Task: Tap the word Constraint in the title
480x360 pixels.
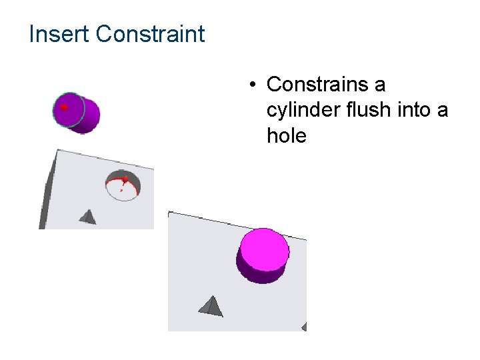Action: pyautogui.click(x=150, y=34)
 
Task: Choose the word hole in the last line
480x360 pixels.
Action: pyautogui.click(x=286, y=136)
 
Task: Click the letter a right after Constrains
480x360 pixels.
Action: pyautogui.click(x=379, y=85)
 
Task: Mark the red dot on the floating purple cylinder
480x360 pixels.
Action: pyautogui.click(x=64, y=107)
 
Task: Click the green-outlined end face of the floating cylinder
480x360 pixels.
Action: pyautogui.click(x=69, y=109)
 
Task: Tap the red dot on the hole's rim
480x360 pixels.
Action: pyautogui.click(x=125, y=179)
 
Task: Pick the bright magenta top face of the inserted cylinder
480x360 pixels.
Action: pyautogui.click(x=265, y=249)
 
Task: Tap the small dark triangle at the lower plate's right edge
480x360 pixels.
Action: pyautogui.click(x=304, y=327)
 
